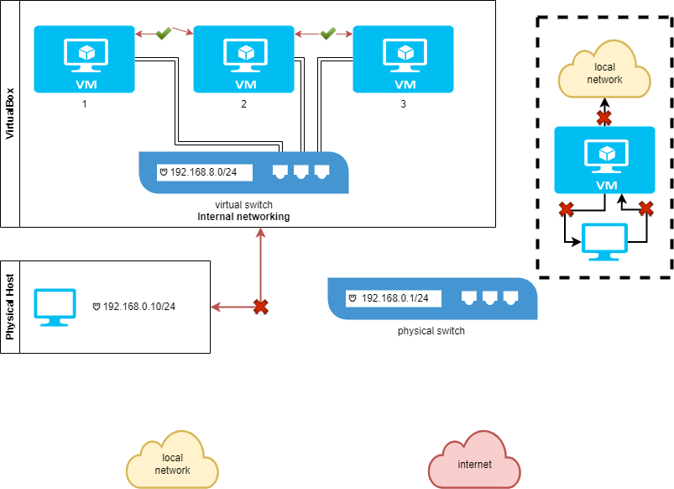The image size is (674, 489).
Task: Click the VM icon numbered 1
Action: tap(85, 59)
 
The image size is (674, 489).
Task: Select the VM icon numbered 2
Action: tap(244, 59)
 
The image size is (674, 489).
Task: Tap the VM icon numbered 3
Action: tap(404, 59)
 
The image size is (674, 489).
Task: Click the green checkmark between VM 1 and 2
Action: tap(164, 33)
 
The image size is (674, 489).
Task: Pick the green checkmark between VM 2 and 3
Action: tap(328, 33)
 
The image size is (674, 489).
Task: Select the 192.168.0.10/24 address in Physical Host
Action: tap(138, 306)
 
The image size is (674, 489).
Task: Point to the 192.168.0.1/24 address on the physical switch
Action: tap(394, 297)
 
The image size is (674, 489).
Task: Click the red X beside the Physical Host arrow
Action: tap(261, 307)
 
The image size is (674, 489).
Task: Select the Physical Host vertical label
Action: tap(11, 307)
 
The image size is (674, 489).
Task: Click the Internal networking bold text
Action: tap(243, 217)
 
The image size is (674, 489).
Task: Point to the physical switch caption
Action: tap(431, 331)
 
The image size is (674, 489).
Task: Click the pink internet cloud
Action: tap(474, 463)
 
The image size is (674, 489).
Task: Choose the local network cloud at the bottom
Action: tap(172, 463)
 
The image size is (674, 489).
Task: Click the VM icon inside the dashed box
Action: tap(604, 160)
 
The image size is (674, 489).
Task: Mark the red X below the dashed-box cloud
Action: tap(603, 118)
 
